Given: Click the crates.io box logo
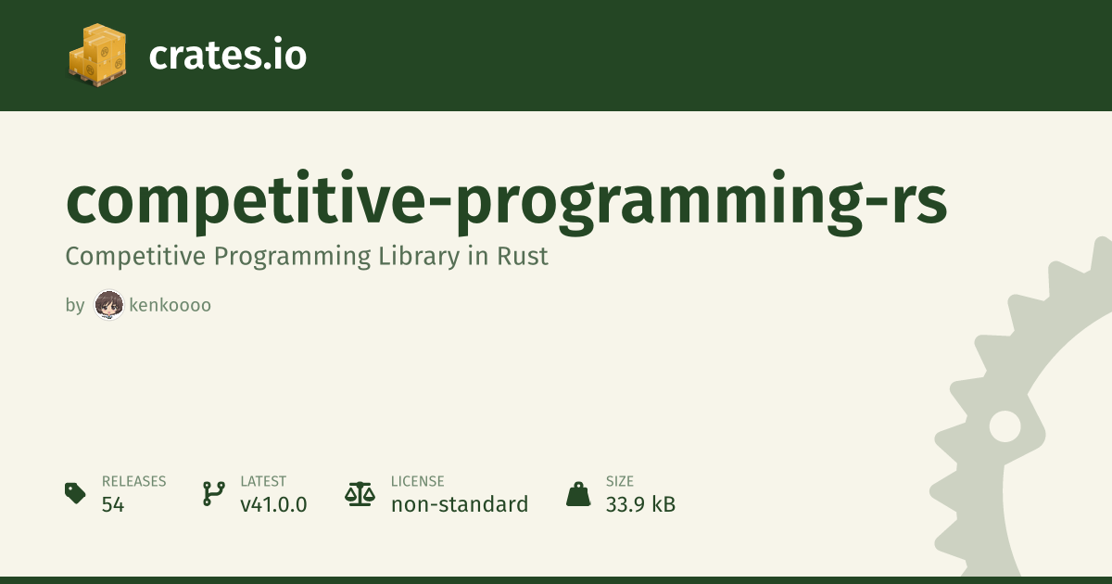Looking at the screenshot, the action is pos(97,55).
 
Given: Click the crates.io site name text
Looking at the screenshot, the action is pos(227,55).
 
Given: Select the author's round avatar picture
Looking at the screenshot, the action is pos(109,305).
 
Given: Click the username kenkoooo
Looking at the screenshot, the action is pos(170,305).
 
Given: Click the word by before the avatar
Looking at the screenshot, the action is pos(75,305).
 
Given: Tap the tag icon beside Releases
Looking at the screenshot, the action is pos(75,493).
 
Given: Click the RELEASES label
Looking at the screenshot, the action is pos(134,481).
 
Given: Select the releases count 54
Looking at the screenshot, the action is pos(113,505).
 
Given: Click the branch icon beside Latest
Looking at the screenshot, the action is pos(214,493).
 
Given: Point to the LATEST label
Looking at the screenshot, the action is pos(263,481).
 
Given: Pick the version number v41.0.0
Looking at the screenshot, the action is pos(273,505).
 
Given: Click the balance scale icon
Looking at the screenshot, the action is pos(360,494).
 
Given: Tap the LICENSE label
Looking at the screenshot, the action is pos(418,481).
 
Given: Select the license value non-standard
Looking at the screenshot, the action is pos(460,504).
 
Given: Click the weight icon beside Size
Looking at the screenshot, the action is pos(578,494).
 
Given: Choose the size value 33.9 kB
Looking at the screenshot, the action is pos(640,504).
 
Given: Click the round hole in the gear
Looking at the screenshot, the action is pos(1005,426).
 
